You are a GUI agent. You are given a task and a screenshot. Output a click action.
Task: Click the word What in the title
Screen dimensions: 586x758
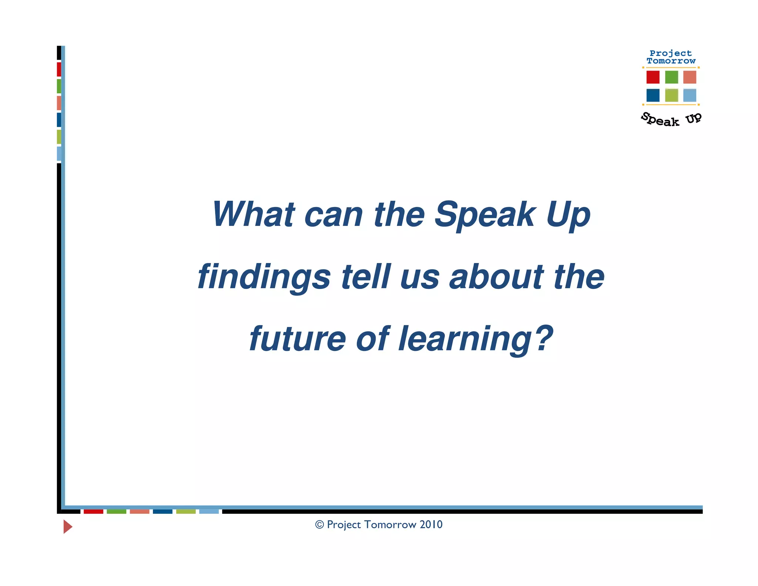click(253, 214)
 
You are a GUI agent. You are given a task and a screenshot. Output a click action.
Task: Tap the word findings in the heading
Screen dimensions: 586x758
click(264, 277)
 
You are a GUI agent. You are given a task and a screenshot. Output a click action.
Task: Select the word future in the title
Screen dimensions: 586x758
click(297, 339)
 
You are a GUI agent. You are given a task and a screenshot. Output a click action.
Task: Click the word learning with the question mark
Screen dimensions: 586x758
click(475, 339)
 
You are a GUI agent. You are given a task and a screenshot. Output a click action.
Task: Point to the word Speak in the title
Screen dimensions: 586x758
click(485, 214)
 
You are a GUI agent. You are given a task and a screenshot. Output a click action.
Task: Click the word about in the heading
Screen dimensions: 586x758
click(496, 277)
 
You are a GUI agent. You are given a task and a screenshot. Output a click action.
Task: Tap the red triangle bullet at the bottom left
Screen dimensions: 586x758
click(67, 526)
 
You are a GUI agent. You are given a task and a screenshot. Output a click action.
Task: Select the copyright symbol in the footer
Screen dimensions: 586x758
click(319, 525)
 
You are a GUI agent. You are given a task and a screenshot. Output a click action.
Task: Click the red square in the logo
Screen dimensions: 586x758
click(653, 77)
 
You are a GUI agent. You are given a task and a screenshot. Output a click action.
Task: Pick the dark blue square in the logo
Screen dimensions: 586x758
click(653, 95)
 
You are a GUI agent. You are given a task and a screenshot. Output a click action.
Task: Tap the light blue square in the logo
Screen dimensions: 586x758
click(690, 95)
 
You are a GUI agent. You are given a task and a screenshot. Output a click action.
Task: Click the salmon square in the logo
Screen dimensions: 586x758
click(690, 77)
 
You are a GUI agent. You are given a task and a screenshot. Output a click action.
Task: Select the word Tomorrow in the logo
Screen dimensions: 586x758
click(671, 61)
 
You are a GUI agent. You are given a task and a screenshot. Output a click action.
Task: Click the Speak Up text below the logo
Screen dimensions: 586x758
click(671, 120)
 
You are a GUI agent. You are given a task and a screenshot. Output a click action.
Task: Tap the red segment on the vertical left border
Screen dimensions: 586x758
click(59, 69)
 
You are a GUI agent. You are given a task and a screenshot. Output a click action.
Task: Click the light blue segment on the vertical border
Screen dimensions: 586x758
click(59, 153)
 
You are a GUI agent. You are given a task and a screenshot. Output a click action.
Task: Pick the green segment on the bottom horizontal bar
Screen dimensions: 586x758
click(116, 512)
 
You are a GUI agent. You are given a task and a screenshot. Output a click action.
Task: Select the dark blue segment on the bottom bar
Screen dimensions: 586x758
click(162, 512)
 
